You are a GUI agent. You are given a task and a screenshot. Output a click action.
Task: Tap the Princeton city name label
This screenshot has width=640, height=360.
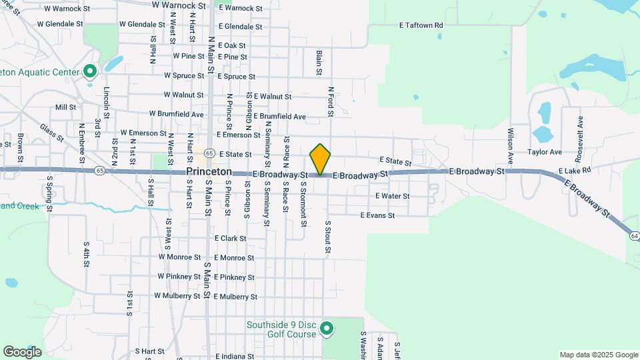tap(209, 171)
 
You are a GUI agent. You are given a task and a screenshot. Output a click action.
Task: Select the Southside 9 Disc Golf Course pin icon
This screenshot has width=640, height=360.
tap(327, 329)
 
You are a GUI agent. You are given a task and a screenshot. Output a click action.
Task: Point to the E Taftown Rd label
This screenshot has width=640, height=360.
tap(421, 25)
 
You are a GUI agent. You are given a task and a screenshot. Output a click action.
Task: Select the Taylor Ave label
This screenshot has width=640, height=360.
tap(545, 152)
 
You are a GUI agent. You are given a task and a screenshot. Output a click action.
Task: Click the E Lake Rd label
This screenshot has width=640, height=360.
tap(575, 171)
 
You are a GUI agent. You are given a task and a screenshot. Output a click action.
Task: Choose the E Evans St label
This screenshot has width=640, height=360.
tap(377, 215)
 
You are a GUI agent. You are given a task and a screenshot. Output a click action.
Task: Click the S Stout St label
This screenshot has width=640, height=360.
tap(328, 237)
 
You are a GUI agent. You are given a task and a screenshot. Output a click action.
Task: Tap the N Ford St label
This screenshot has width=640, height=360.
tap(330, 101)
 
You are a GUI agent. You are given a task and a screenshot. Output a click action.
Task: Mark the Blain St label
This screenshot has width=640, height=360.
tap(319, 62)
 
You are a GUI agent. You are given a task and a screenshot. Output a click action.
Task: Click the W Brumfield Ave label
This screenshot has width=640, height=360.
tap(176, 114)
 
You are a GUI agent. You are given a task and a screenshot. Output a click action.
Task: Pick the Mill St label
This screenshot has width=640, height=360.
tap(65, 107)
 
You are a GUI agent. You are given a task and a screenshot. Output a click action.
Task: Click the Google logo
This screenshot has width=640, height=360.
tap(22, 351)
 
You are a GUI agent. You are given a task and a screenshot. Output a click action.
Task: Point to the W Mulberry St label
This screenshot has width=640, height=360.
tap(177, 295)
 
